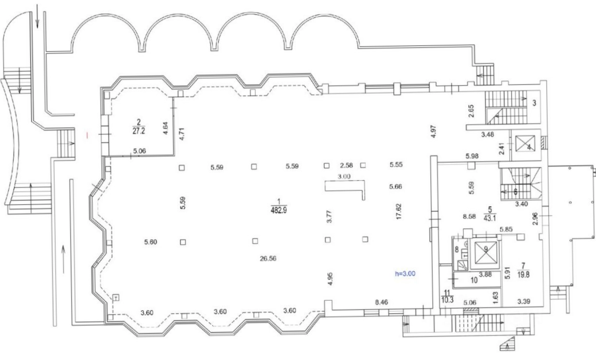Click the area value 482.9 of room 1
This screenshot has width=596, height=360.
[279, 210]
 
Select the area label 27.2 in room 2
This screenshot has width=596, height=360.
[139, 131]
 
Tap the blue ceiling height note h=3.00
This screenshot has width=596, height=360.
[405, 274]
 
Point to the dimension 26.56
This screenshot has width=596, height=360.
[268, 259]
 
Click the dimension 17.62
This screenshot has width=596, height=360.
[399, 211]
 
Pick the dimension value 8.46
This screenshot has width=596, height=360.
[382, 302]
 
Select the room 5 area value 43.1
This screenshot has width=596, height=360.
[490, 218]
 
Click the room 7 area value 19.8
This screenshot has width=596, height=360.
[523, 275]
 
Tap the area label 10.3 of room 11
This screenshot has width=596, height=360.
[447, 300]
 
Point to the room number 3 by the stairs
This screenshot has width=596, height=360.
[534, 103]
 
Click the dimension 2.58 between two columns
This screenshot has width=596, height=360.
[346, 166]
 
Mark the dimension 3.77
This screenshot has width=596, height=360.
[329, 216]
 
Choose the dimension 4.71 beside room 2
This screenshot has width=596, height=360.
[182, 134]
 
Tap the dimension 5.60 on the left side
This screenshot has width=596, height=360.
[150, 242]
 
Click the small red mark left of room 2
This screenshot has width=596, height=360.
[87, 135]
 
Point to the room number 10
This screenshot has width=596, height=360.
[474, 281]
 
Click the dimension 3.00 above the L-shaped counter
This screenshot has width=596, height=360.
[344, 176]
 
